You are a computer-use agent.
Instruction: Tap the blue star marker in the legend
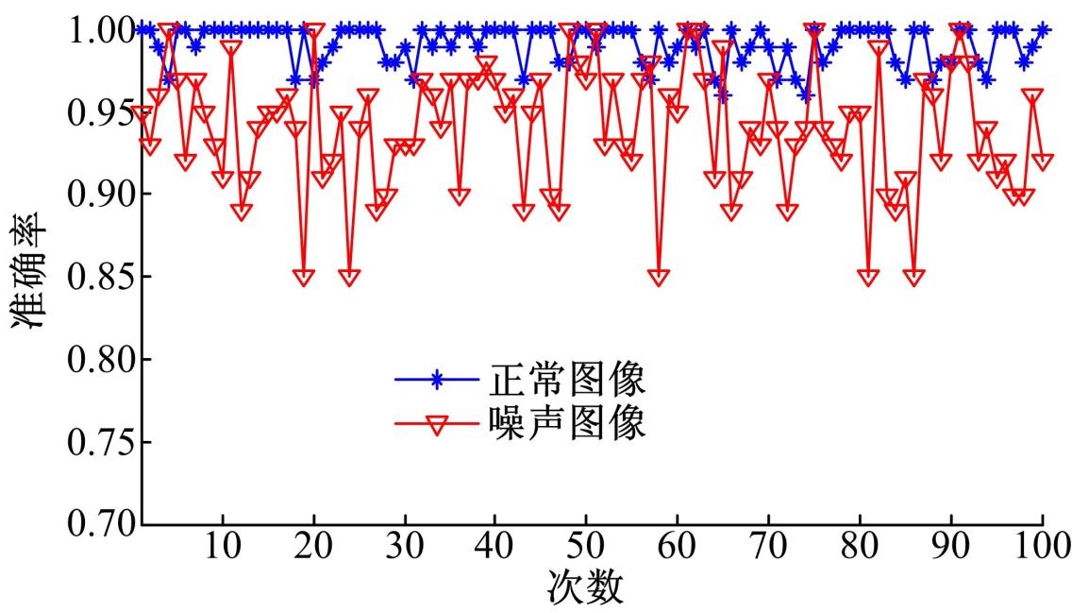pyautogui.click(x=436, y=381)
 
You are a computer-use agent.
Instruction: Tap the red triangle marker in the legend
pyautogui.click(x=436, y=425)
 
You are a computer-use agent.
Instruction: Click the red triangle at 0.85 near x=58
pyautogui.click(x=659, y=277)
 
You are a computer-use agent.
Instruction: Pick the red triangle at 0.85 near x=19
pyautogui.click(x=304, y=277)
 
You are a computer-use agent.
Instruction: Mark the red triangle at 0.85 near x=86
pyautogui.click(x=913, y=277)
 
